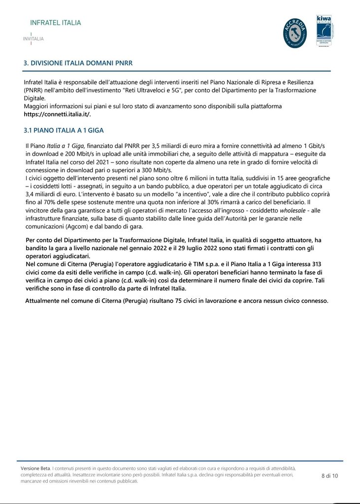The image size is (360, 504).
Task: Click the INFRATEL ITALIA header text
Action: tap(56, 23)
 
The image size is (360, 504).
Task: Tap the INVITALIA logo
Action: tap(33, 38)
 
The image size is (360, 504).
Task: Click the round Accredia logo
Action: tap(295, 33)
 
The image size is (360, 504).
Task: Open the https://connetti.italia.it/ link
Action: tap(57, 114)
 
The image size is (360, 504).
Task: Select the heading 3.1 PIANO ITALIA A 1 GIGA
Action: tap(64, 130)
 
